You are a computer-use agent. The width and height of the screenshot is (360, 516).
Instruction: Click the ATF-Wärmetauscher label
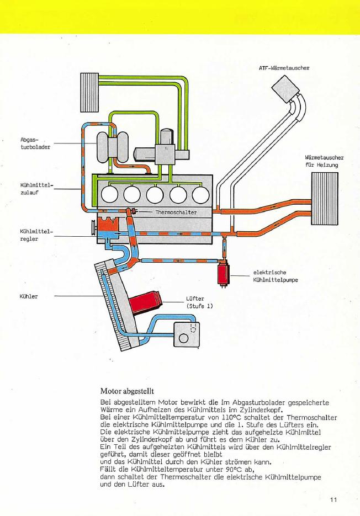click(x=284, y=68)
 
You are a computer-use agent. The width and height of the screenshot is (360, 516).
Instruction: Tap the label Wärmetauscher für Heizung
click(x=321, y=161)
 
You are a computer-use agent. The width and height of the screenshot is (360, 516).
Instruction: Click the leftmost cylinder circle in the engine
click(x=110, y=194)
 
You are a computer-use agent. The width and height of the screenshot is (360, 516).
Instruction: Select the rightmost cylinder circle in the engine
click(x=200, y=194)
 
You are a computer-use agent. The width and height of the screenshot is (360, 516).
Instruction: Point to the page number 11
click(x=333, y=500)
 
